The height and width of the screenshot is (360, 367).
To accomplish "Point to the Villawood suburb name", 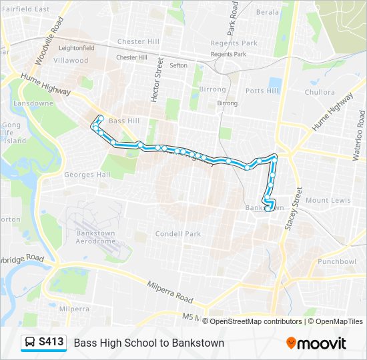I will (71, 60).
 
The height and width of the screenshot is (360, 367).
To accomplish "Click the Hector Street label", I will (157, 79).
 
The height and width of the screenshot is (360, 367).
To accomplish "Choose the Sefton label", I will (178, 65).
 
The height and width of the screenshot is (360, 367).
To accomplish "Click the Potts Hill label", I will (261, 90).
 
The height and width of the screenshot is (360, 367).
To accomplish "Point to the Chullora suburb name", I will (320, 92).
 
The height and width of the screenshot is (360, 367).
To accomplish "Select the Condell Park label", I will (177, 234).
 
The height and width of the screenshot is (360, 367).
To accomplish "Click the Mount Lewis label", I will (328, 200).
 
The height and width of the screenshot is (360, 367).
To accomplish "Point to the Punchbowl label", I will (337, 261).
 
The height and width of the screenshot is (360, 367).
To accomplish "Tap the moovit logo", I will (316, 343).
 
